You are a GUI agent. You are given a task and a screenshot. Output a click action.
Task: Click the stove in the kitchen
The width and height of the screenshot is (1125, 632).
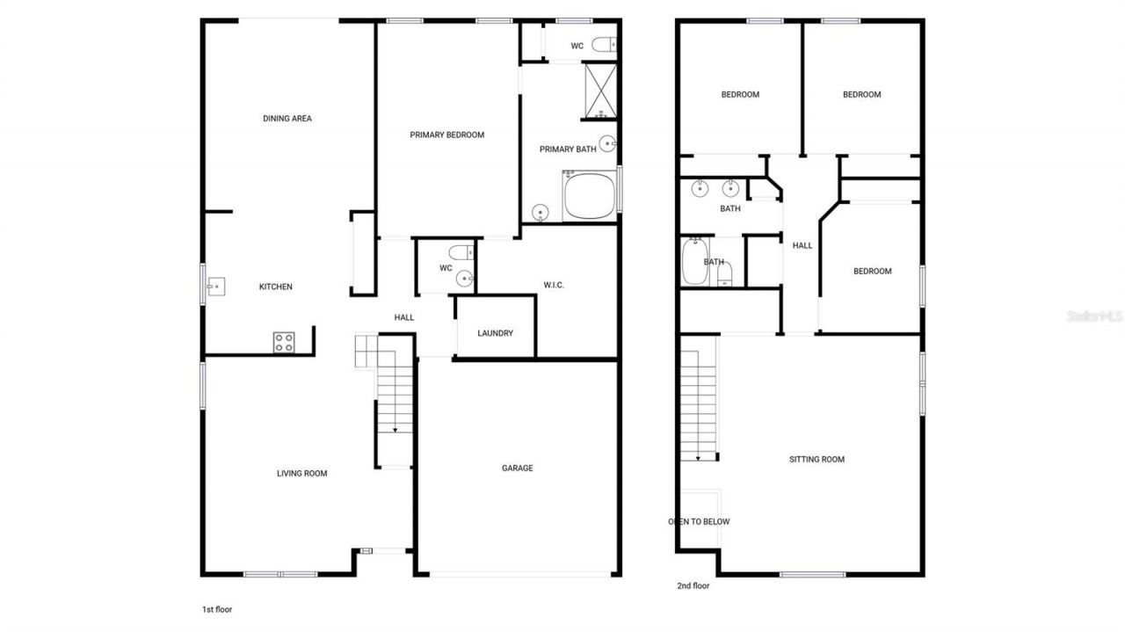284,342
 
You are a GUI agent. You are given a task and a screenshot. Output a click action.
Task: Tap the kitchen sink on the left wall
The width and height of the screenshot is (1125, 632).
215,285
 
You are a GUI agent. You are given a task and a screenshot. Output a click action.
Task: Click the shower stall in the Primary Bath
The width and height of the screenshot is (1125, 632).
601,91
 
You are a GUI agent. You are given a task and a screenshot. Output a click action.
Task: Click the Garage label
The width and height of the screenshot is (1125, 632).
517,469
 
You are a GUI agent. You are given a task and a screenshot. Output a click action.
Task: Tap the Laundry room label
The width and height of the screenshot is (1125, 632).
495,333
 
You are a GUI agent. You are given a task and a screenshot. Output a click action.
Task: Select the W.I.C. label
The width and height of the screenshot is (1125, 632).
554,285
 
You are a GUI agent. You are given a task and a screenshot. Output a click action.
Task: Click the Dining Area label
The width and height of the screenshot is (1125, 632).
287,119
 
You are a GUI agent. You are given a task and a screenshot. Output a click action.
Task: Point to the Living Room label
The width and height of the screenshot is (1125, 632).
302,474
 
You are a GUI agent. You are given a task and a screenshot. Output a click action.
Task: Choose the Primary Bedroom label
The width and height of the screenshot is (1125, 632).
446,135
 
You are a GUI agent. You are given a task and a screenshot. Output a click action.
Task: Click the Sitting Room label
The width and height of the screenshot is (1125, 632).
817,460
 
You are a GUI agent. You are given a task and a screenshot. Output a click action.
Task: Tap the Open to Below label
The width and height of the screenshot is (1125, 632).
700,521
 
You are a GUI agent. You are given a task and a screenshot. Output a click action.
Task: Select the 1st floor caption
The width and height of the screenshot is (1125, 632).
217,608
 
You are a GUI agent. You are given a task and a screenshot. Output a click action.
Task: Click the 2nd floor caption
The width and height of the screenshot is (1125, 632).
693,585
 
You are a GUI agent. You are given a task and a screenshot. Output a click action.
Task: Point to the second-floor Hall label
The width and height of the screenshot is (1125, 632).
802,246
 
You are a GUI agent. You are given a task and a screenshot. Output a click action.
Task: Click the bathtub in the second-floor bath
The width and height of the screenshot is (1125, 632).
694,262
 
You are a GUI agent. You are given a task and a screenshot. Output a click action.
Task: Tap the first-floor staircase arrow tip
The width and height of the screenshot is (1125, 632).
395,430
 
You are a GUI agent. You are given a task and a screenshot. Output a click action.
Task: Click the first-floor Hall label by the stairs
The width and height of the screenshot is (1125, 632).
404,317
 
